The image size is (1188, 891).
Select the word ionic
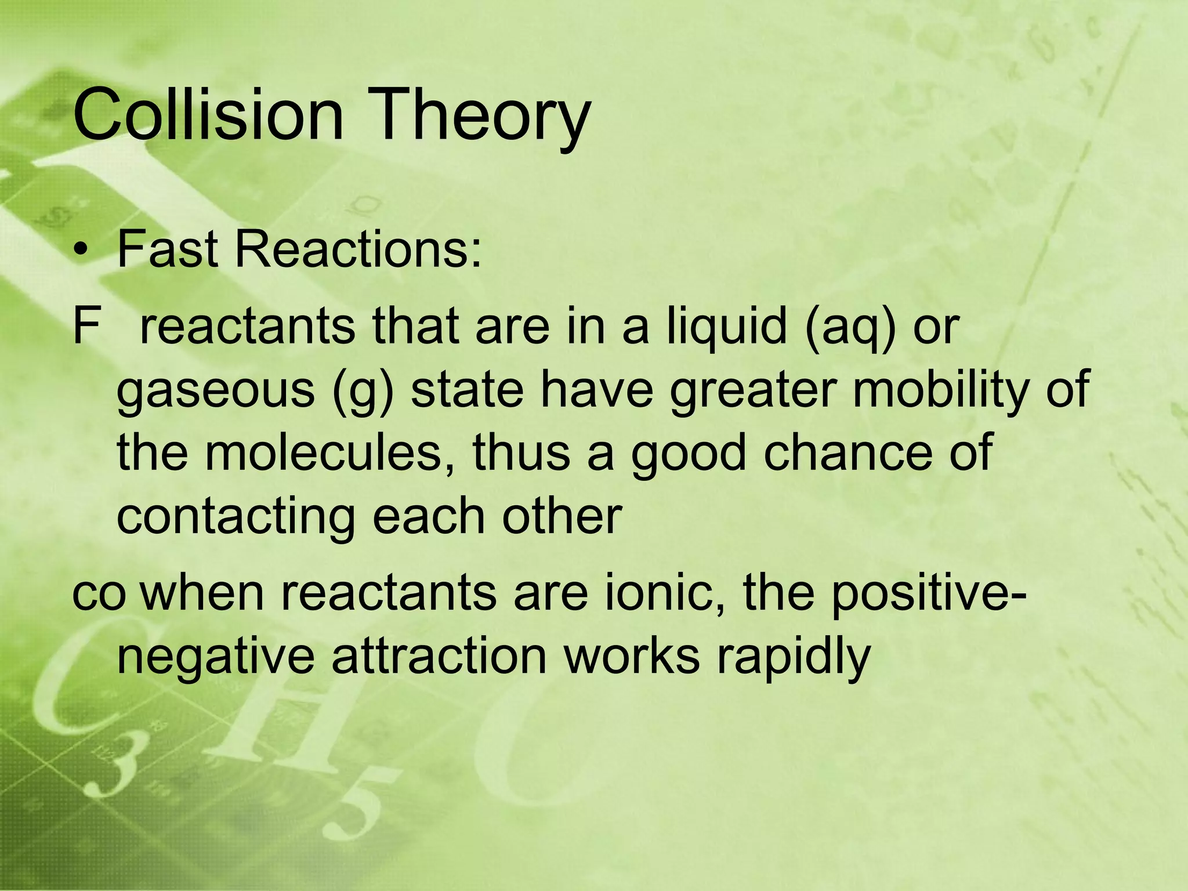pos(665,593)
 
